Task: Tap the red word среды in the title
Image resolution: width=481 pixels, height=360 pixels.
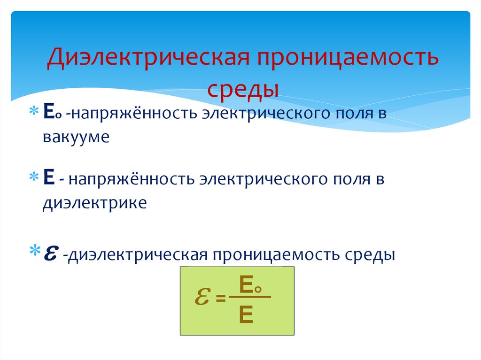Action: (x=243, y=88)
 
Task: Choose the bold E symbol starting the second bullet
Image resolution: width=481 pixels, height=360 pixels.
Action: (x=47, y=179)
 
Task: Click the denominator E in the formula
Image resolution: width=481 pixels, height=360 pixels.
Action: (x=246, y=314)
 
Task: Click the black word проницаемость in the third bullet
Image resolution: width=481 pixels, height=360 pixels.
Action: (x=278, y=255)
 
